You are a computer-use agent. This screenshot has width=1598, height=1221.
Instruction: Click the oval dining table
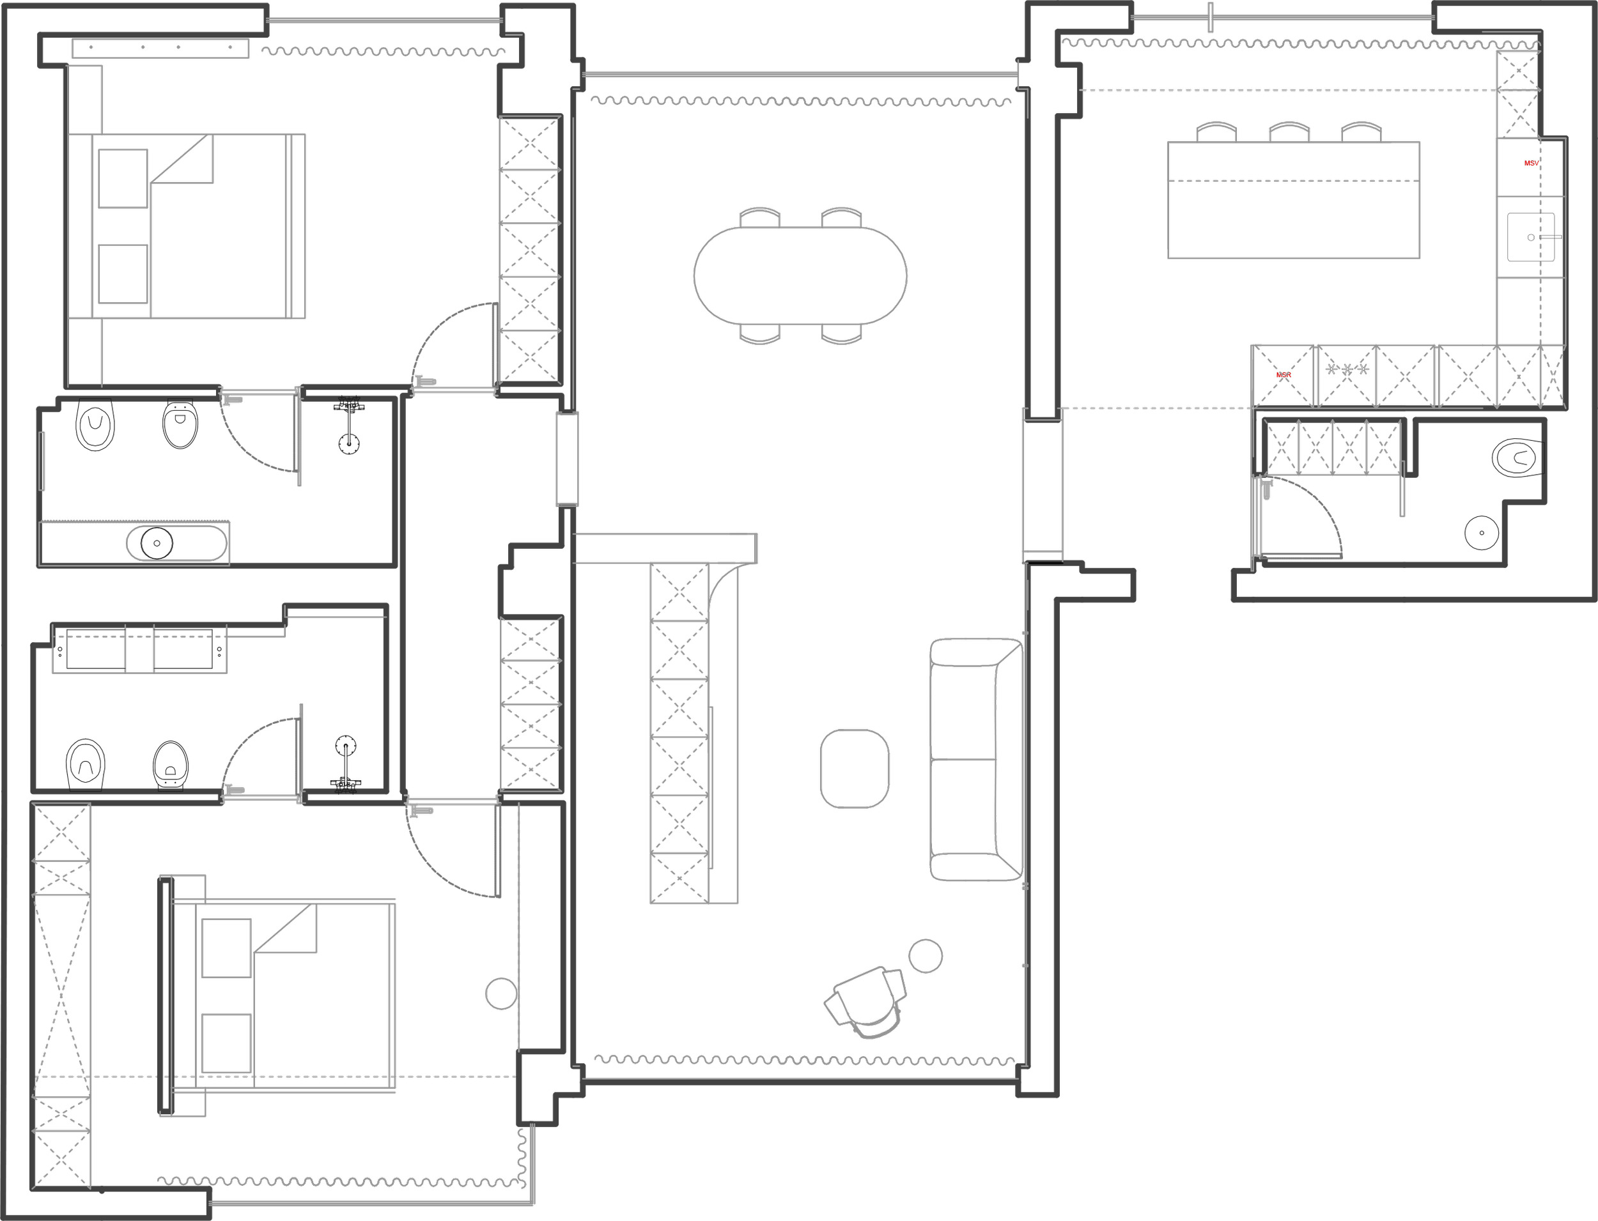(x=800, y=275)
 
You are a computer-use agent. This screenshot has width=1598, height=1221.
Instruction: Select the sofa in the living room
(x=975, y=760)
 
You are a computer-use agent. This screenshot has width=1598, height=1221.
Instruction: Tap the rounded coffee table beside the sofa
(x=854, y=768)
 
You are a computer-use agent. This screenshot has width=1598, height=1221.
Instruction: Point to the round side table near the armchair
(x=926, y=956)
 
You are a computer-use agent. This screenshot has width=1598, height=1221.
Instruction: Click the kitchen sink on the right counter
(x=1530, y=237)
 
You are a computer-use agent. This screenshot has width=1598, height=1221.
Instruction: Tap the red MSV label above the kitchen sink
(x=1530, y=164)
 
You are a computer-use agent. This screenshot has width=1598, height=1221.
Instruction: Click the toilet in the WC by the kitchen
(x=1518, y=458)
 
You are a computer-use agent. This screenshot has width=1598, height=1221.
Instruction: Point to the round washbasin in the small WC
(x=1481, y=533)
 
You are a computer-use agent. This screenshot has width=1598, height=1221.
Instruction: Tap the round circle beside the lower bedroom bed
(x=501, y=993)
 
